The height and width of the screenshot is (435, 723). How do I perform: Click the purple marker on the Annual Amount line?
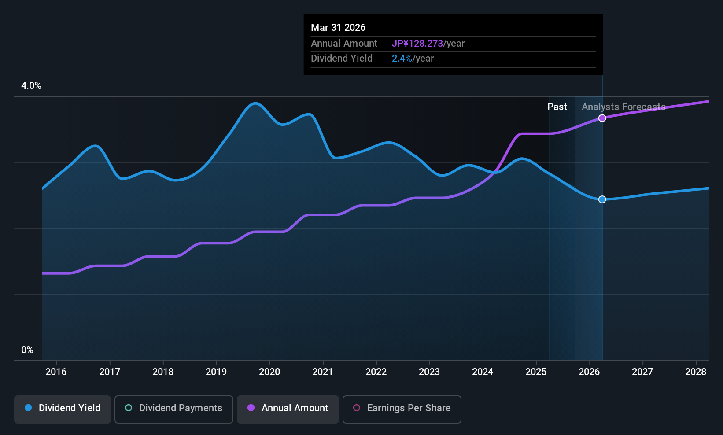(x=602, y=118)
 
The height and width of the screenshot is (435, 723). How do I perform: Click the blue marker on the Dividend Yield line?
(x=602, y=199)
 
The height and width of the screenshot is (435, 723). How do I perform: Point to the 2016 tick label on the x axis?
(x=56, y=372)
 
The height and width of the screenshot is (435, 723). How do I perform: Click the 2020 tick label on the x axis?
(x=269, y=372)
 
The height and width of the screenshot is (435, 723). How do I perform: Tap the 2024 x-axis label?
(x=483, y=372)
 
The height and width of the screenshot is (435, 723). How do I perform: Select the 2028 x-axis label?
(x=696, y=372)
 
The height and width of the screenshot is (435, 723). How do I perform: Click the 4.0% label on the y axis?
(x=31, y=86)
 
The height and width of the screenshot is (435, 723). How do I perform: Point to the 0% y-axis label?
(x=27, y=350)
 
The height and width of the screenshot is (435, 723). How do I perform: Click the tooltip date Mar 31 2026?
(x=338, y=28)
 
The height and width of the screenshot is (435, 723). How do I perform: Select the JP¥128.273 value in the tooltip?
(x=417, y=44)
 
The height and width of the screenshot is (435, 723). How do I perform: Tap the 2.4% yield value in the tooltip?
(x=402, y=59)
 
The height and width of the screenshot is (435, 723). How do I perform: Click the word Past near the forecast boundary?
(x=557, y=107)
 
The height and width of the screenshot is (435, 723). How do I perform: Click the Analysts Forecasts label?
(x=623, y=107)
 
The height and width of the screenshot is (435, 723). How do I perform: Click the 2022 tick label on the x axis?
(x=376, y=372)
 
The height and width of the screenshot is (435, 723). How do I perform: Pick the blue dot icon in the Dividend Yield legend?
(x=28, y=408)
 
